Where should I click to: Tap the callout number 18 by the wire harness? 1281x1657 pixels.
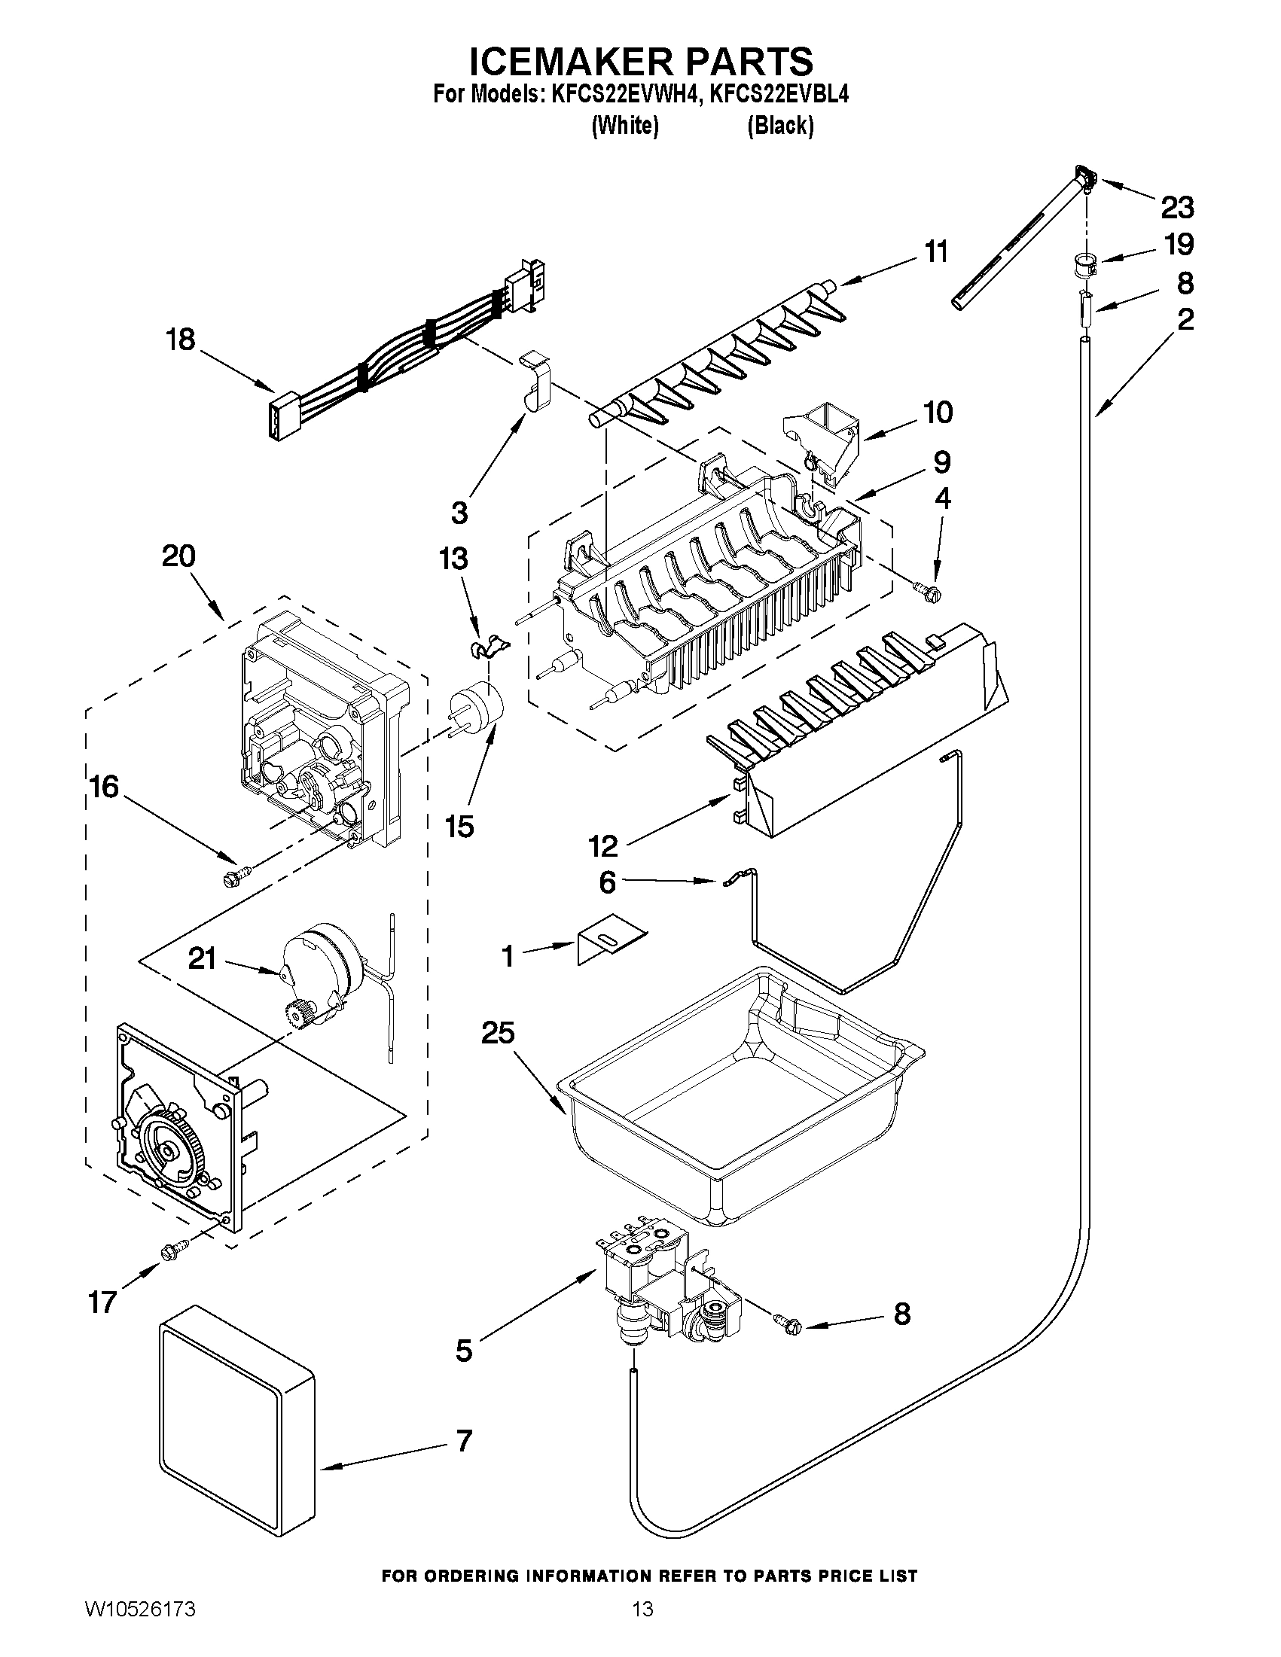pyautogui.click(x=181, y=339)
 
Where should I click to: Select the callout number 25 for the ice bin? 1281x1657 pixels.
pyautogui.click(x=498, y=1033)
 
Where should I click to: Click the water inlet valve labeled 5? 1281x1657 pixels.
pyautogui.click(x=668, y=1303)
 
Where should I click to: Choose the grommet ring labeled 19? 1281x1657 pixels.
pyautogui.click(x=1086, y=266)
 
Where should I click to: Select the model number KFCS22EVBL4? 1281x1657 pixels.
pyautogui.click(x=779, y=95)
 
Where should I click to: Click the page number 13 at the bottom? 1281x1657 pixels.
pyautogui.click(x=642, y=1625)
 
